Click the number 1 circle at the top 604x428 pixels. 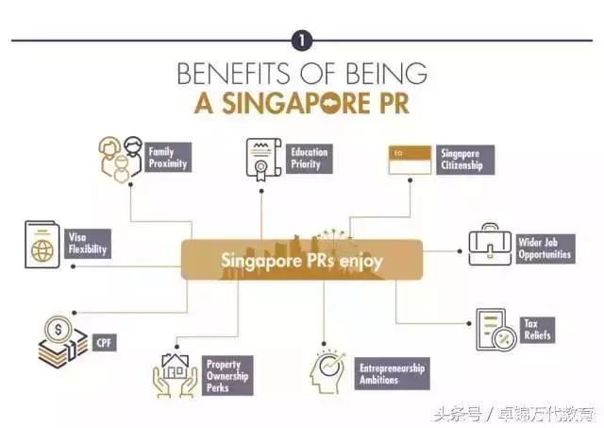point(302,40)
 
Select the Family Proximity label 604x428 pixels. point(168,158)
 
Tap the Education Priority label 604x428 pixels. point(309,159)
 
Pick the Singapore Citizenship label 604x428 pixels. point(465,160)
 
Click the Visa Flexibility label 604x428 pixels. point(88,244)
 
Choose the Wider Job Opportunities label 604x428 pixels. point(545,248)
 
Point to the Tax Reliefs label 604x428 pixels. point(537,330)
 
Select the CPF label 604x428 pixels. point(105,343)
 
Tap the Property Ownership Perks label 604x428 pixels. point(227,375)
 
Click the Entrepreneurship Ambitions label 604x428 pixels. point(393,373)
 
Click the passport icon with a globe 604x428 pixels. point(42,245)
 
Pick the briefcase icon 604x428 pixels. point(490,245)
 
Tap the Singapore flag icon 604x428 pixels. point(410,160)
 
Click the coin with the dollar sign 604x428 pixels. point(59,330)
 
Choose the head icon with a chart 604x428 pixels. point(327,371)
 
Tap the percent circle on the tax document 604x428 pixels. point(503,338)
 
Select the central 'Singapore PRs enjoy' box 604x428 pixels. point(302,260)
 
